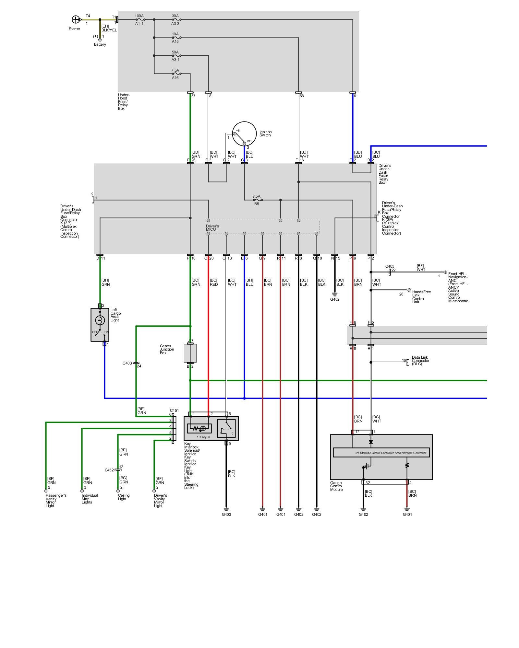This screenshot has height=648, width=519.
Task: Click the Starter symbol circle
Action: tap(76, 19)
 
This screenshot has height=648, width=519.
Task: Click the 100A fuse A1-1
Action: tap(139, 20)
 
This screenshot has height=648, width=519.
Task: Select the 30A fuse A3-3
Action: tap(175, 20)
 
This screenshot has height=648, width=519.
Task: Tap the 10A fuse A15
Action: tap(175, 38)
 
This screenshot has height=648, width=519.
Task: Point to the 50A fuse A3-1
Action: tap(175, 56)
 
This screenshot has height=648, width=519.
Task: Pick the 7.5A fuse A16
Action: tap(175, 74)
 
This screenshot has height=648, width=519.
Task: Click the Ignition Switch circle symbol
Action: tap(244, 134)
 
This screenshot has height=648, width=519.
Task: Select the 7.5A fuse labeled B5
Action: tap(257, 200)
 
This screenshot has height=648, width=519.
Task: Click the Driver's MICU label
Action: tap(212, 228)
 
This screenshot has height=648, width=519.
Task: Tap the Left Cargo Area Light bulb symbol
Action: tap(100, 320)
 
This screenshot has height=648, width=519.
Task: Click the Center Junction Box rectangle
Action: tap(190, 353)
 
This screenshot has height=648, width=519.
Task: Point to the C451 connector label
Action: tap(174, 411)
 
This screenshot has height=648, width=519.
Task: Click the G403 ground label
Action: tap(226, 514)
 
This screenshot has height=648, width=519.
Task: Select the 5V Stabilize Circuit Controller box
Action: tap(381, 453)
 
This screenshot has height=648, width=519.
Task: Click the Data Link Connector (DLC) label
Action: tap(421, 361)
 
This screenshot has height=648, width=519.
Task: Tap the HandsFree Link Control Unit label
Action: tap(422, 297)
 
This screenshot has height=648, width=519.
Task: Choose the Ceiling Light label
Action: tap(124, 497)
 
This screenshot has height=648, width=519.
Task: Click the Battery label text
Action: tap(100, 44)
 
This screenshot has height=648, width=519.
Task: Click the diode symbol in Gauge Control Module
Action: tap(371, 442)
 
